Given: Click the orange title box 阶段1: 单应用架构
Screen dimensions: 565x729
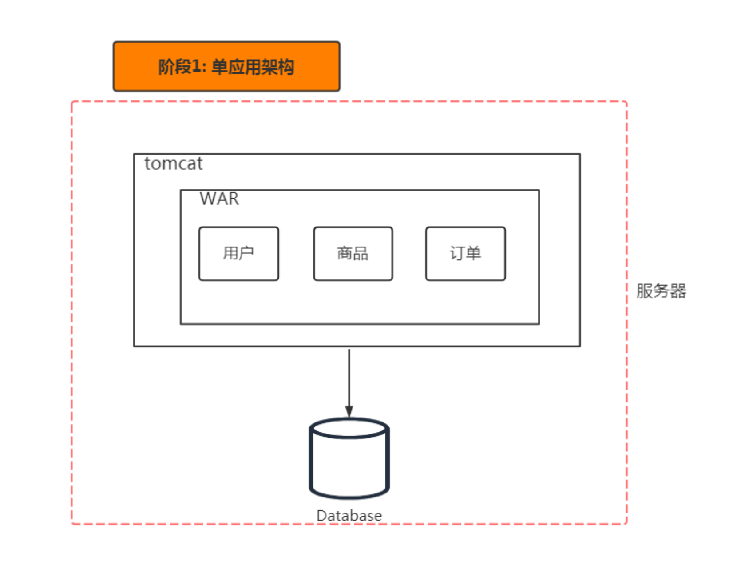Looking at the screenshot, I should coord(226,67).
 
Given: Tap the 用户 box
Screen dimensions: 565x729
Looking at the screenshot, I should coord(239,254).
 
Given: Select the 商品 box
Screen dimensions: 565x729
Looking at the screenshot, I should coord(353,254).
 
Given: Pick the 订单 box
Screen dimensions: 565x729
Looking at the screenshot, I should coord(465,254).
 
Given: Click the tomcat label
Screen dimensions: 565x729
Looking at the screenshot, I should coord(173,164).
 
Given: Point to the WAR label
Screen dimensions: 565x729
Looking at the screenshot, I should coord(219,199).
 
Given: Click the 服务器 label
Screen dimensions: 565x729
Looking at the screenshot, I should coord(661,291).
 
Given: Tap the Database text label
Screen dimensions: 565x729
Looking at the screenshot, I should coord(349,516).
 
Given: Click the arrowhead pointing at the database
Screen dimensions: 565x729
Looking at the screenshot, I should coord(349,411).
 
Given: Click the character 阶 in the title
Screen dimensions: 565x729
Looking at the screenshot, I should coord(166,67).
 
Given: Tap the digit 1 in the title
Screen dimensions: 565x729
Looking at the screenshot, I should coord(195,67).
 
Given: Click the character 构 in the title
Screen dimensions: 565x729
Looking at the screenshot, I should coord(286,67).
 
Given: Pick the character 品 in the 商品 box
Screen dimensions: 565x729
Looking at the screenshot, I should coord(361,254).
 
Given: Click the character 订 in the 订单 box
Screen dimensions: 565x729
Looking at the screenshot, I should coord(457,254).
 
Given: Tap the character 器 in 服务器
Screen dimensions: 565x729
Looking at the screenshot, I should coord(678,291).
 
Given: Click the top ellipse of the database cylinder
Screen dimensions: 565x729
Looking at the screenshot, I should coord(349,428).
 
